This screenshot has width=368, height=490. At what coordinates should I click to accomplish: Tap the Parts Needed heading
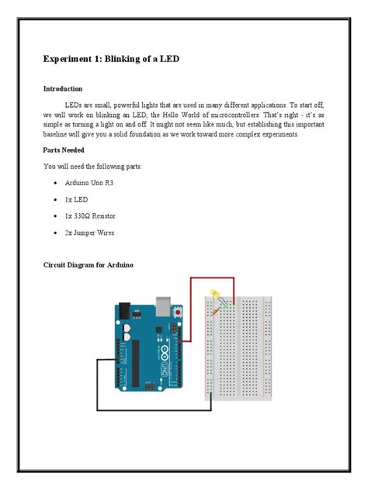coord(64,150)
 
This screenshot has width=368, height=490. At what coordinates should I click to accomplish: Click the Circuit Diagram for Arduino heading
coord(89,265)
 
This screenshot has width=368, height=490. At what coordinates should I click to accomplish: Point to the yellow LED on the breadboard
coord(214,295)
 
